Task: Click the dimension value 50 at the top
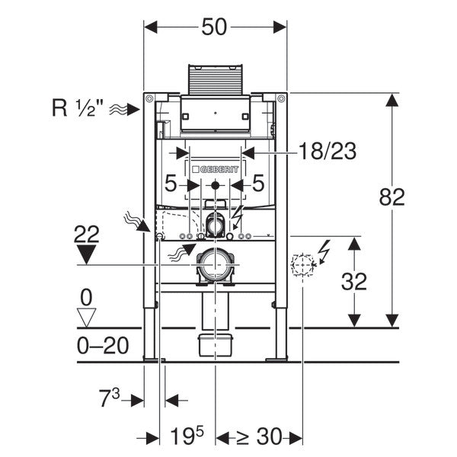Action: click(216, 27)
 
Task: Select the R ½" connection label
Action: click(79, 108)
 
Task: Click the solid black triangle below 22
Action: click(88, 254)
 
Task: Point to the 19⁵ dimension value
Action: click(187, 436)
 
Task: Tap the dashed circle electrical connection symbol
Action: click(303, 264)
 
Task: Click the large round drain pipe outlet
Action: click(216, 264)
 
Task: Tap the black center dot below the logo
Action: click(216, 185)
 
